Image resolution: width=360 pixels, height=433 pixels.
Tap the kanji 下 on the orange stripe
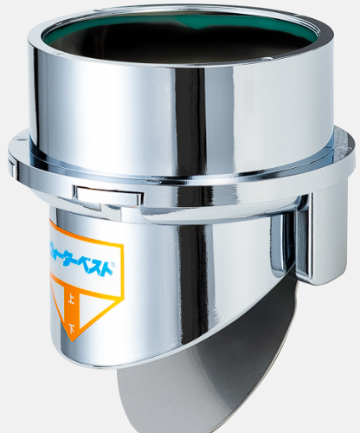pos(71,327)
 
